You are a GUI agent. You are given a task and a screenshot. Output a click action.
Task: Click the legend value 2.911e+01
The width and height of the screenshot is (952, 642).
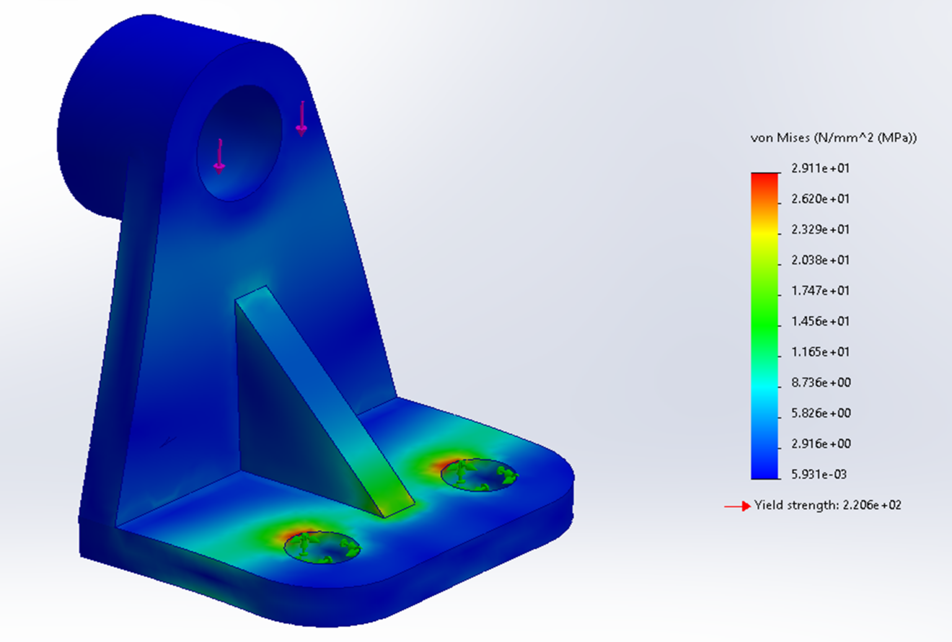pos(820,168)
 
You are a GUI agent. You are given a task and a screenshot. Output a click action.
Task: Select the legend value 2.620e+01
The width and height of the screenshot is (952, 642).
pos(820,199)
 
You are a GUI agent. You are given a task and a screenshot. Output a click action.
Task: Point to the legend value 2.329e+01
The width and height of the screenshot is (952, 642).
pos(820,229)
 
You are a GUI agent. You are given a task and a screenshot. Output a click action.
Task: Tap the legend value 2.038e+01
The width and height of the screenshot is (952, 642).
pos(820,260)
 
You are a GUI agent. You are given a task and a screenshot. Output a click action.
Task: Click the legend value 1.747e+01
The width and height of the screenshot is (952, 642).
pos(820,291)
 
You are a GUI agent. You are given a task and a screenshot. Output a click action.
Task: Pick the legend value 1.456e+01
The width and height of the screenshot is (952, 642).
pos(820,321)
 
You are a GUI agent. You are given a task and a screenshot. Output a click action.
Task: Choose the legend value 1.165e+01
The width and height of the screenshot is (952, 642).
pos(820,352)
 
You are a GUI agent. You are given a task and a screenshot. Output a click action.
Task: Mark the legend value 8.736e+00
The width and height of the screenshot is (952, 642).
pos(821,382)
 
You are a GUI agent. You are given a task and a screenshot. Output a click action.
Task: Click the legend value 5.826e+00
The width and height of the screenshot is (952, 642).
pos(821,413)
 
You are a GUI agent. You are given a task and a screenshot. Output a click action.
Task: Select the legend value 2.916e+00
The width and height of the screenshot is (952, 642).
pos(821,444)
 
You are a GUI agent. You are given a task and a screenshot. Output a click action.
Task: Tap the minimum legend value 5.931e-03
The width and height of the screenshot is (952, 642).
pos(819,474)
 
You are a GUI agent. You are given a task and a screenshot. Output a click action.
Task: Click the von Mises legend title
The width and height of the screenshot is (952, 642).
pos(833,138)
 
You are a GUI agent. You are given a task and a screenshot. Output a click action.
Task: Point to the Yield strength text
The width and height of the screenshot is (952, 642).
pos(827,505)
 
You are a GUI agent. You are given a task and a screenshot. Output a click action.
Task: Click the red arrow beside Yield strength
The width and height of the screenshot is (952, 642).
pos(737,506)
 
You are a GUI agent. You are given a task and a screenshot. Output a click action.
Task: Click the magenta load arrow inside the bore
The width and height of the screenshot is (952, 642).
pos(219,156)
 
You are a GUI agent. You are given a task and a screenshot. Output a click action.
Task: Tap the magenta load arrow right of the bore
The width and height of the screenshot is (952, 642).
pos(301,119)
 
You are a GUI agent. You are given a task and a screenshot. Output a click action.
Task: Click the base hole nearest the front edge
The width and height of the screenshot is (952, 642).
pos(322,547)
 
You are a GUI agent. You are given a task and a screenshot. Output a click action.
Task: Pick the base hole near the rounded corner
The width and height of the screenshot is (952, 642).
pos(479,475)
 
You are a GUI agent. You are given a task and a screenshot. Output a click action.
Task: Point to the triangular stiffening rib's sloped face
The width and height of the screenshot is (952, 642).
pos(322,397)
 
